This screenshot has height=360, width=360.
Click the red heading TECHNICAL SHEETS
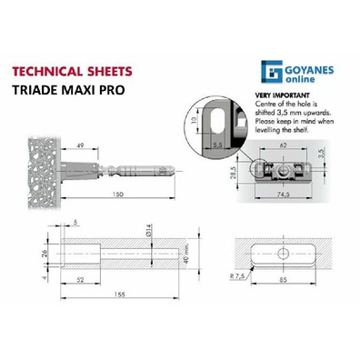(72, 72)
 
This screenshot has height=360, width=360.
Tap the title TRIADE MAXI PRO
(68, 90)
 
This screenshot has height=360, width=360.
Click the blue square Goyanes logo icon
(272, 72)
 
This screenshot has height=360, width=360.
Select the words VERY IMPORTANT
(283, 95)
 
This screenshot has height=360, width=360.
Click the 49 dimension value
(80, 145)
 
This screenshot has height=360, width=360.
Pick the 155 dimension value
(120, 294)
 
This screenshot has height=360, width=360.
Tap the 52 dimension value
(80, 280)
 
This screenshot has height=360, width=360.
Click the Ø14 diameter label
(149, 230)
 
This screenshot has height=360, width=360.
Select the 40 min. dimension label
(186, 253)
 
